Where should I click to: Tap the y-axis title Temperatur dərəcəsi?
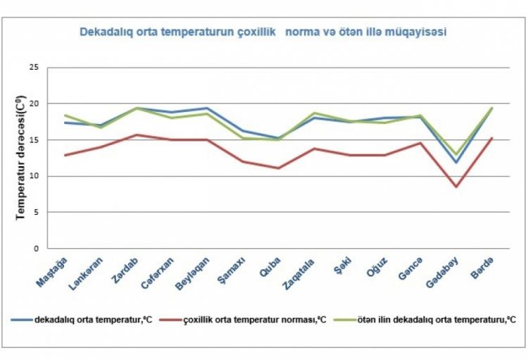tap(20, 159)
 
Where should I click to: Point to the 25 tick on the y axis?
tap(33, 68)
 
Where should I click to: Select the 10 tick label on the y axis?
tap(33, 176)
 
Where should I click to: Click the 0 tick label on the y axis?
tap(35, 249)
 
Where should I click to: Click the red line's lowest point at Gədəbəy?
tap(456, 187)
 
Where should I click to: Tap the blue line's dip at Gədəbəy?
tap(456, 163)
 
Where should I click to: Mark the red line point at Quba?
tap(279, 168)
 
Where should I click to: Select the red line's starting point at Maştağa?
tap(65, 155)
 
